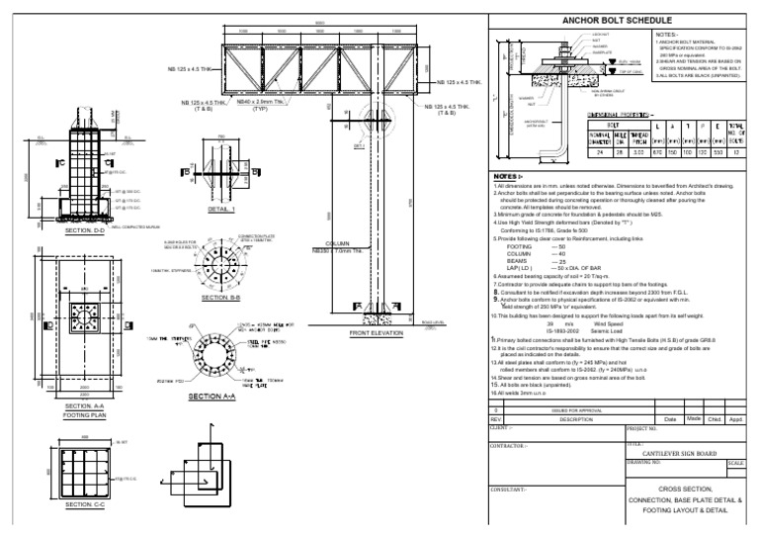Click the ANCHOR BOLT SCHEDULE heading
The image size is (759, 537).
(x=617, y=19)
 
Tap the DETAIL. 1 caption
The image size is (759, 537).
(x=221, y=211)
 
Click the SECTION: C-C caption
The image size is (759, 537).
(x=90, y=504)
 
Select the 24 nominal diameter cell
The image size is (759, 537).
(x=573, y=152)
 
